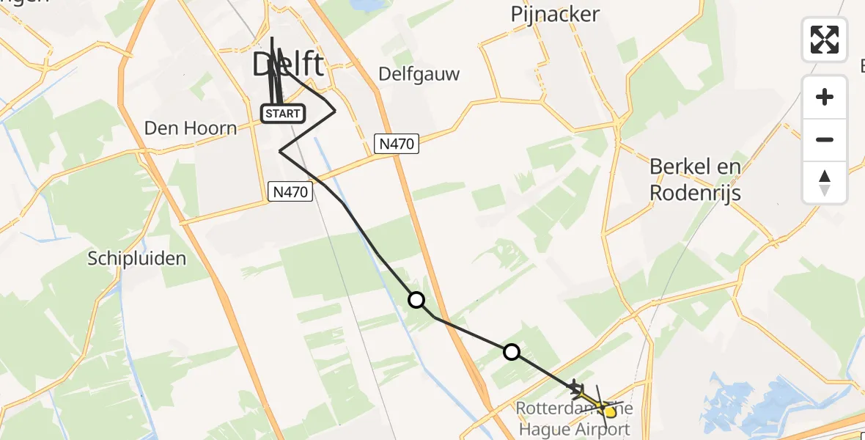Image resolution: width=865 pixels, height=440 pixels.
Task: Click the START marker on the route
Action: click(x=282, y=114)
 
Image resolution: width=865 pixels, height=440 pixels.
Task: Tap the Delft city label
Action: click(x=287, y=65)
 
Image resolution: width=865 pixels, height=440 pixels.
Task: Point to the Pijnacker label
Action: click(x=555, y=14)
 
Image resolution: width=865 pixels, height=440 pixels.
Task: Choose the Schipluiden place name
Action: click(x=137, y=258)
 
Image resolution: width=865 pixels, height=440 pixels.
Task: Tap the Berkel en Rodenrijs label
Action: click(x=696, y=180)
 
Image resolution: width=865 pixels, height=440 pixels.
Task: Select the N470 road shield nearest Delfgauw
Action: click(x=397, y=144)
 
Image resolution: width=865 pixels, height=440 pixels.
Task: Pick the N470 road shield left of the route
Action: click(x=290, y=192)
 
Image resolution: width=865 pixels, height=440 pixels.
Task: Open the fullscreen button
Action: click(x=825, y=39)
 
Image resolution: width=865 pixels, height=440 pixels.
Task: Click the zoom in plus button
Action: click(x=825, y=97)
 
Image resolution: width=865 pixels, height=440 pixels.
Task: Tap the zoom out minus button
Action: click(x=825, y=139)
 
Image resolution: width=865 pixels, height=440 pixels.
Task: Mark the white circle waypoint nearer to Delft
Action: click(x=416, y=300)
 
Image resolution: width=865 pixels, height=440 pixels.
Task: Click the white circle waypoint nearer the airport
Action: click(x=512, y=352)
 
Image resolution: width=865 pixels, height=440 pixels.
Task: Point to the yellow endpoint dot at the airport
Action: click(x=610, y=412)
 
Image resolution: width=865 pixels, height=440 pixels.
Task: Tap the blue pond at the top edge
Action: click(x=365, y=4)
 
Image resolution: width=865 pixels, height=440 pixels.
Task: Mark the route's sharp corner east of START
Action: click(x=335, y=111)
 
